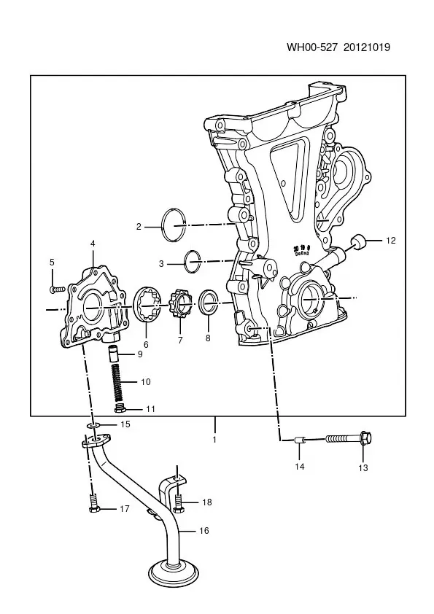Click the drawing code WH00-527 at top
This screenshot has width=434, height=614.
(x=312, y=47)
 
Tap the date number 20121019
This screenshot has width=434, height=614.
(x=367, y=47)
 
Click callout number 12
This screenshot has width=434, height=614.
(x=390, y=241)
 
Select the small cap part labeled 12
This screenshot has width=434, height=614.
(x=357, y=241)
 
